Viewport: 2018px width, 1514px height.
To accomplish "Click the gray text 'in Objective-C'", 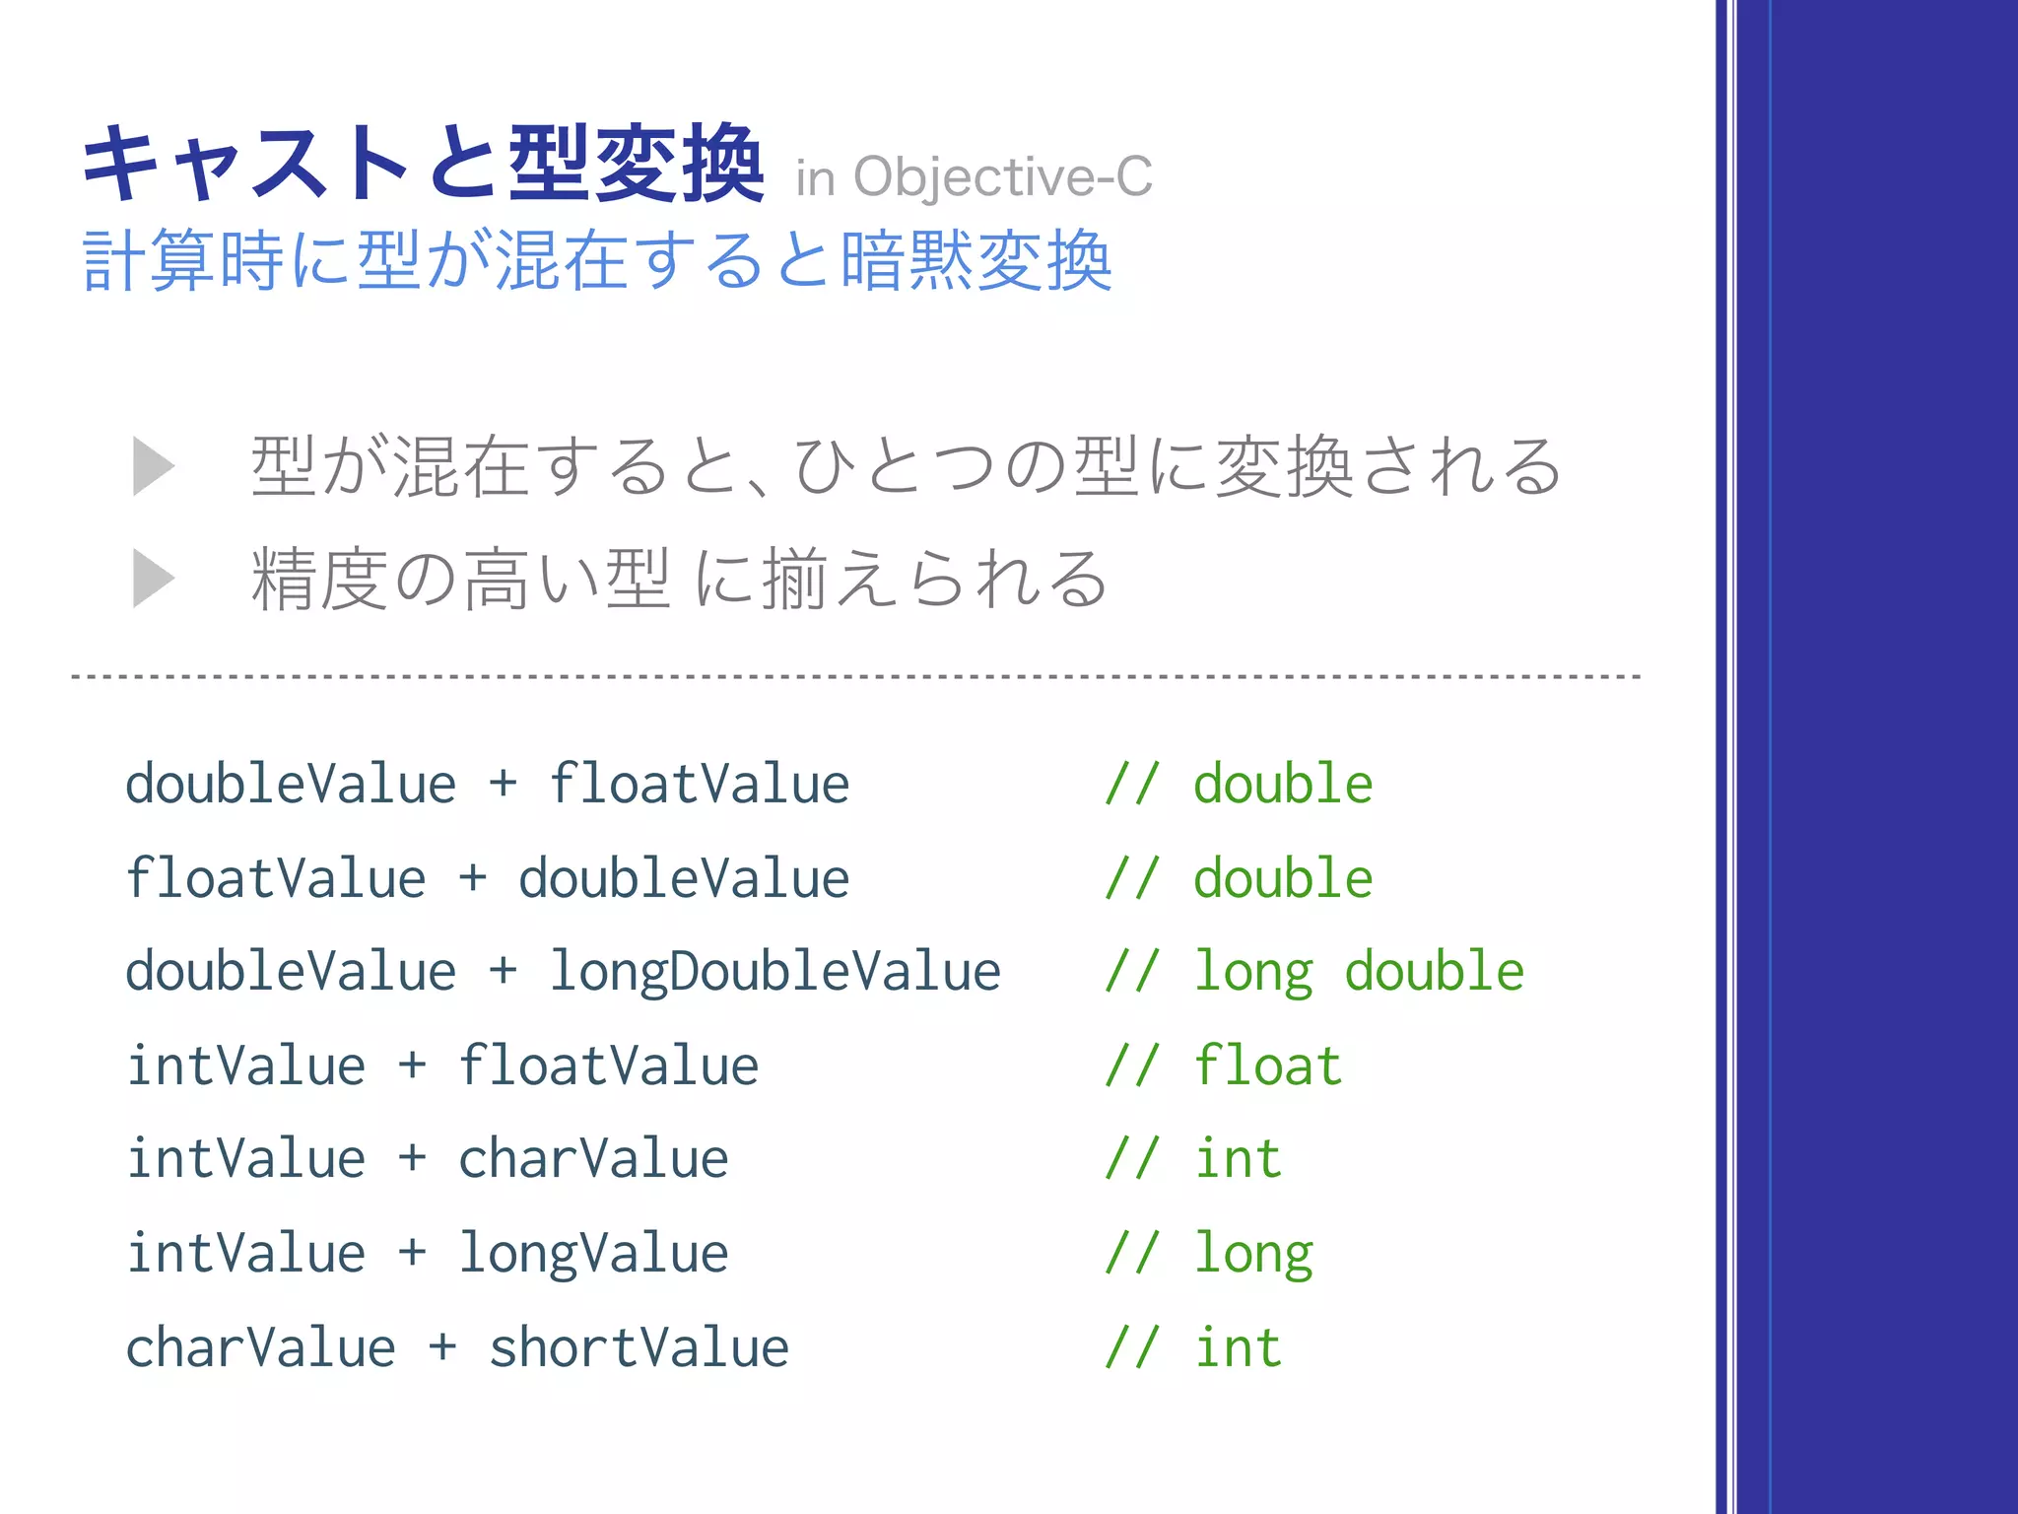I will click(974, 177).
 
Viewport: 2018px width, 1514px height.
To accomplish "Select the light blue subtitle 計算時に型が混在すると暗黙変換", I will click(598, 261).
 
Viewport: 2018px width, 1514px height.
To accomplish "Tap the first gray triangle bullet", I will click(153, 465).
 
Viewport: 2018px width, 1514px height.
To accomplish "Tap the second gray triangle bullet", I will click(153, 579).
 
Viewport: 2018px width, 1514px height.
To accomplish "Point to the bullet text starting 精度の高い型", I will click(680, 579).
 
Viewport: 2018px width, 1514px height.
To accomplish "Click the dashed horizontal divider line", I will click(855, 677).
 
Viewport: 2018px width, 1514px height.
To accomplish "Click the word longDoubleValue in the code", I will click(775, 972).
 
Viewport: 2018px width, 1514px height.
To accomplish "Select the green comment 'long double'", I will click(1359, 972).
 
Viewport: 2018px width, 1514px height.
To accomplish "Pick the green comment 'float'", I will click(1267, 1066).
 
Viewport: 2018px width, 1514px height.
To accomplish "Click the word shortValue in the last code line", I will click(639, 1347).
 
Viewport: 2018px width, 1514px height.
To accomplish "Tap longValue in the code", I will click(593, 1254).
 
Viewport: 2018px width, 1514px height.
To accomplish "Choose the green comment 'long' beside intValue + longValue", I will click(1253, 1254).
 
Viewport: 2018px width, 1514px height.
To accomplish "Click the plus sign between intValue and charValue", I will click(412, 1158).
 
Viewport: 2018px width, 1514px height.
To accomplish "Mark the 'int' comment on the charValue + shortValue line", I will click(1238, 1347).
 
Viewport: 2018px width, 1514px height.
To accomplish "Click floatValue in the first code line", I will click(699, 785).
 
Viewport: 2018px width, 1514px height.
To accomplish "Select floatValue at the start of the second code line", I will click(276, 878).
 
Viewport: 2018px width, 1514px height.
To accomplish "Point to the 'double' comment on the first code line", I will click(1283, 785).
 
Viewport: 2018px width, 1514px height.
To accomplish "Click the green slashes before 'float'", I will click(1131, 1066).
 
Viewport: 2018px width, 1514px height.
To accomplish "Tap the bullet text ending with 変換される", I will click(907, 465).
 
